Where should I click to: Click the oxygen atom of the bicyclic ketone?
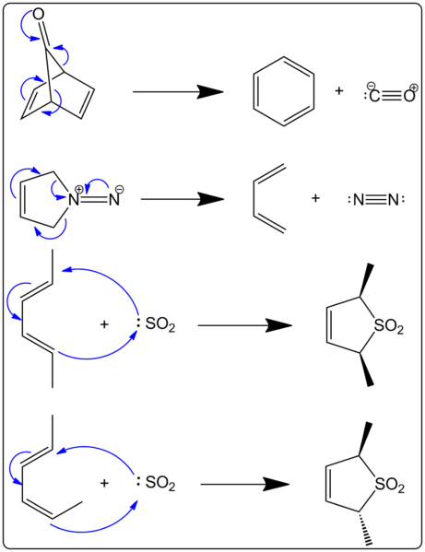click(39, 15)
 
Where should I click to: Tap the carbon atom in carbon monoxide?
click(374, 96)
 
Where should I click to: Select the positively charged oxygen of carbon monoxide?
click(409, 96)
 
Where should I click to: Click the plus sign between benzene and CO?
click(338, 91)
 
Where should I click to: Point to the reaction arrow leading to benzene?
click(178, 92)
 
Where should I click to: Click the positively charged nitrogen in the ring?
click(73, 200)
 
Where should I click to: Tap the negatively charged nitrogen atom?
click(113, 200)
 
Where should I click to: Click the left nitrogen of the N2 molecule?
click(359, 200)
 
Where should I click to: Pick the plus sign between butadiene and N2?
click(315, 198)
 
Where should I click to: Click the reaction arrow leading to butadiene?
click(182, 199)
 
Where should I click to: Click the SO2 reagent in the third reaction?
click(159, 324)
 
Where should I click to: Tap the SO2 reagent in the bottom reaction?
click(159, 483)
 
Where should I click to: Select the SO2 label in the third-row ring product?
click(389, 326)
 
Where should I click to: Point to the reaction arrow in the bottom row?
click(244, 485)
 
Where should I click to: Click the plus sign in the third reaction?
click(104, 323)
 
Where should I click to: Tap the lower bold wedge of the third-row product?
click(366, 370)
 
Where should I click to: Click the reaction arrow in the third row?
click(244, 325)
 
